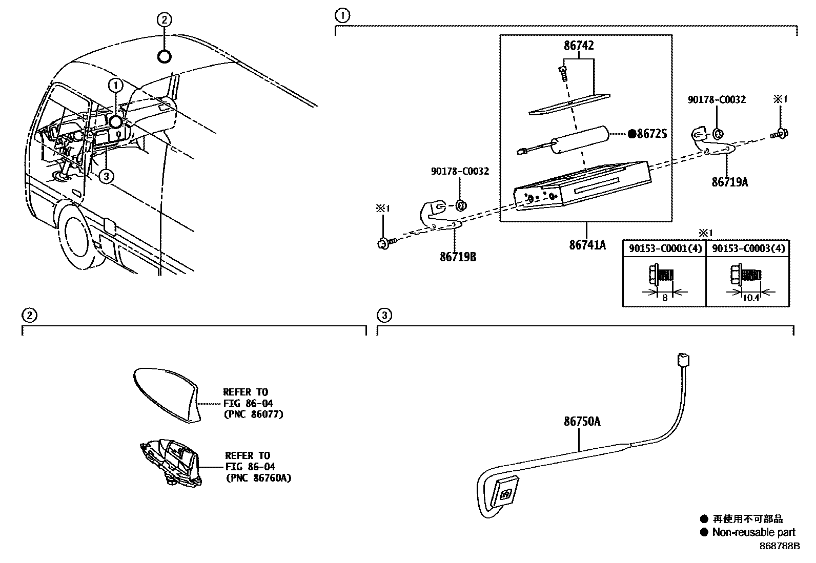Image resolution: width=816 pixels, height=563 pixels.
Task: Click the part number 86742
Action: click(579, 46)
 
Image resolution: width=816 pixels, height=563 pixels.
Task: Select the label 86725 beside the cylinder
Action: click(651, 134)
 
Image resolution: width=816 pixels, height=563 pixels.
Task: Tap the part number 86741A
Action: click(587, 245)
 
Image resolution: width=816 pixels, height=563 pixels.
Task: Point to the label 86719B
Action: click(458, 257)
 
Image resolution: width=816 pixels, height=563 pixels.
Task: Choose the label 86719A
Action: click(729, 182)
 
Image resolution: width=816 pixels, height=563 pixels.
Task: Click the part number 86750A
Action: click(582, 422)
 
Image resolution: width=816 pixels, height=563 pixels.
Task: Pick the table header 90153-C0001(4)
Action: click(664, 249)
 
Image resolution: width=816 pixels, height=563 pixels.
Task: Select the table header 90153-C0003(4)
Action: click(748, 249)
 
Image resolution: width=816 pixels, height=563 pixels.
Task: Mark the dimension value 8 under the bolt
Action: click(665, 298)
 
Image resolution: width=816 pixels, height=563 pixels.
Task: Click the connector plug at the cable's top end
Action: click(681, 360)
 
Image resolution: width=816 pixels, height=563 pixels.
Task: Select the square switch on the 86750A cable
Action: click(503, 493)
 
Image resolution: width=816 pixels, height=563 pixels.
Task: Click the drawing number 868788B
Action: click(780, 546)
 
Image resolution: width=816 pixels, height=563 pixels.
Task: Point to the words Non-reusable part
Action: click(753, 532)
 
